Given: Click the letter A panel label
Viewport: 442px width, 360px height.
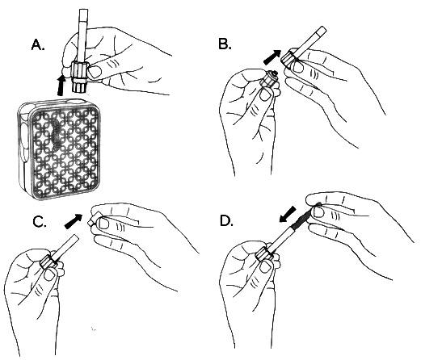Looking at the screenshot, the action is coord(38,44).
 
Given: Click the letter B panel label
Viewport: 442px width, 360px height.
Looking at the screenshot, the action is coord(225,44).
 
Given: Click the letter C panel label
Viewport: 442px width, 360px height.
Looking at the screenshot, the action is coord(40,222).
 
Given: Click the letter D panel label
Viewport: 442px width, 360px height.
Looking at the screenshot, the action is coord(226,221).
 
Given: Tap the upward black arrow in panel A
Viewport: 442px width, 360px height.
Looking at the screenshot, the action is coord(61,86).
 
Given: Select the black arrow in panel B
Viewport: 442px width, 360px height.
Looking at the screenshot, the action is coord(272,57).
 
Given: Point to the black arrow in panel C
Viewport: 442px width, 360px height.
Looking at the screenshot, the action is coord(74,221).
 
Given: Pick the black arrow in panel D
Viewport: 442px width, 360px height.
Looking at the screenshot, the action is coord(288,214).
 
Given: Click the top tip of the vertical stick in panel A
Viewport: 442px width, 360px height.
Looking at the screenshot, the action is coord(84,10).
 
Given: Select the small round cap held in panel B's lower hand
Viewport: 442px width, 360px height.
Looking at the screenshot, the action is coord(269,79).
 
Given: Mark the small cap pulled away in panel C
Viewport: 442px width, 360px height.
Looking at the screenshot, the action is coord(95,220).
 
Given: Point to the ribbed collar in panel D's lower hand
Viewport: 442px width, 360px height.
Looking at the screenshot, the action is coord(265,254).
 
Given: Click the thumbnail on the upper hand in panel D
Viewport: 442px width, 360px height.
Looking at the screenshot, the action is coord(319,211).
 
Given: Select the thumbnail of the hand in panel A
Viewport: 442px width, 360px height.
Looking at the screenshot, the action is coord(95,72).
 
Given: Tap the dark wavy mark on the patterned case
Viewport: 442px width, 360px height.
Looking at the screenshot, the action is coord(57,133).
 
